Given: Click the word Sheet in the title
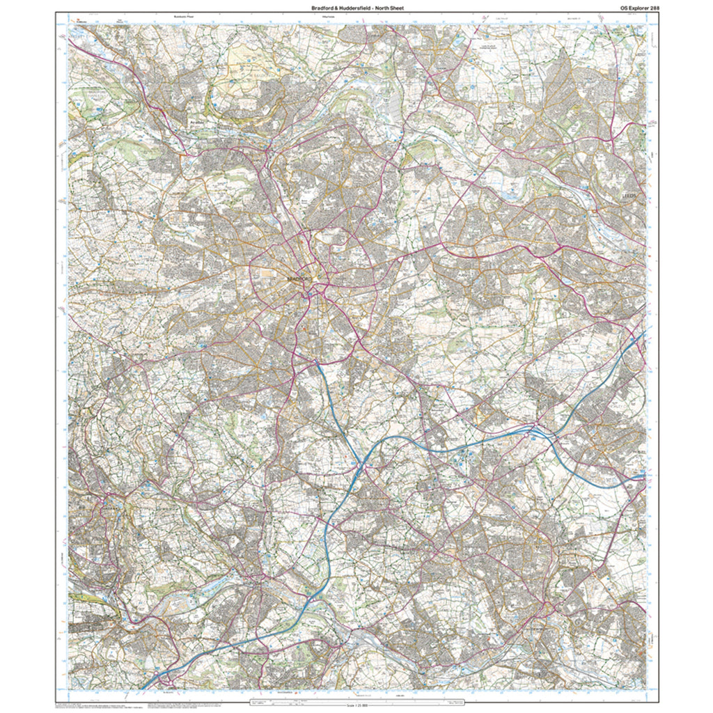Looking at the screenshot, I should pyautogui.click(x=400, y=8).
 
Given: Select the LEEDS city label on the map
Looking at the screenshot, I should pyautogui.click(x=629, y=197).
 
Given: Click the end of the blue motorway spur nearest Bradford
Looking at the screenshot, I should pyautogui.click(x=317, y=361).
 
